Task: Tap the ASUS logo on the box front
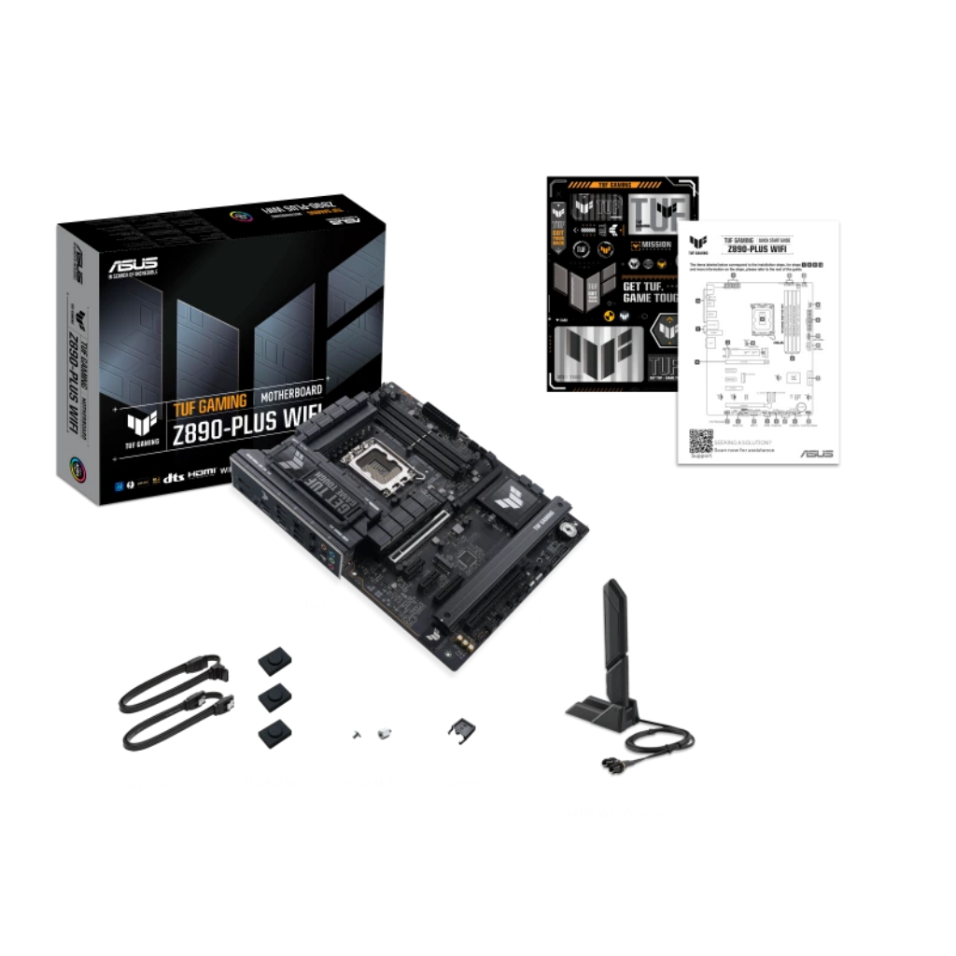point(134,266)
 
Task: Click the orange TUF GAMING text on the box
point(208,402)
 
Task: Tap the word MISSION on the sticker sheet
point(656,245)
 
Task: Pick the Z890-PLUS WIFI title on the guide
point(759,248)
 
